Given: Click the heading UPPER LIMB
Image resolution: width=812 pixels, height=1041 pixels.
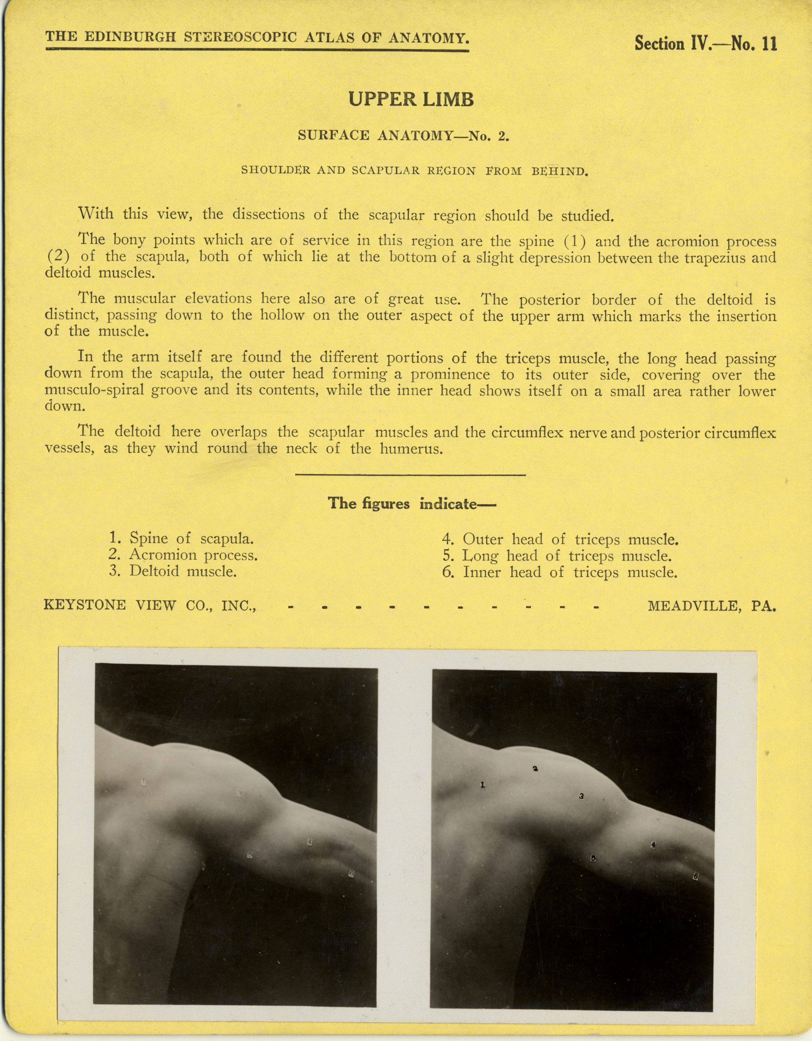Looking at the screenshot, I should point(411,100).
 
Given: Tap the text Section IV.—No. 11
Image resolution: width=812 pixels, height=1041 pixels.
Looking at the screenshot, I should point(706,44).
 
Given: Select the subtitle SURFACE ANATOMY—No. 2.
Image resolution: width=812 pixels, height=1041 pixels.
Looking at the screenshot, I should point(404,136).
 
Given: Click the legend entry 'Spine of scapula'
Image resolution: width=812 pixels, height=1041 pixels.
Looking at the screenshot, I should point(181,539).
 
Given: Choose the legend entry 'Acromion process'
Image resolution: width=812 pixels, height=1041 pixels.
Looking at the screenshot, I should point(183,555).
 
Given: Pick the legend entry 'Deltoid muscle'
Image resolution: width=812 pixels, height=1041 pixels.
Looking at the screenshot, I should point(173,571).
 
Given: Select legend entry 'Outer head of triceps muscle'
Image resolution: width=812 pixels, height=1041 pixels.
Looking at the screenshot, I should point(560,539).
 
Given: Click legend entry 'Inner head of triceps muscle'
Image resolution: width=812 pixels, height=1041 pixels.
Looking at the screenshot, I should point(559,572).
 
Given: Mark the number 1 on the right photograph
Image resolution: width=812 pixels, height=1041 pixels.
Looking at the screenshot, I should point(483,784).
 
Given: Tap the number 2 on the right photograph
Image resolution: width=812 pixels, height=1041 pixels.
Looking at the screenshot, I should point(535,768).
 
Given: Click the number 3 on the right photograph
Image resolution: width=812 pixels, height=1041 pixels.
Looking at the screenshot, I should point(581,796).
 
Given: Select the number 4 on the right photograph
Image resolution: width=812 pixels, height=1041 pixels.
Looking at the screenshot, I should point(654,845).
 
